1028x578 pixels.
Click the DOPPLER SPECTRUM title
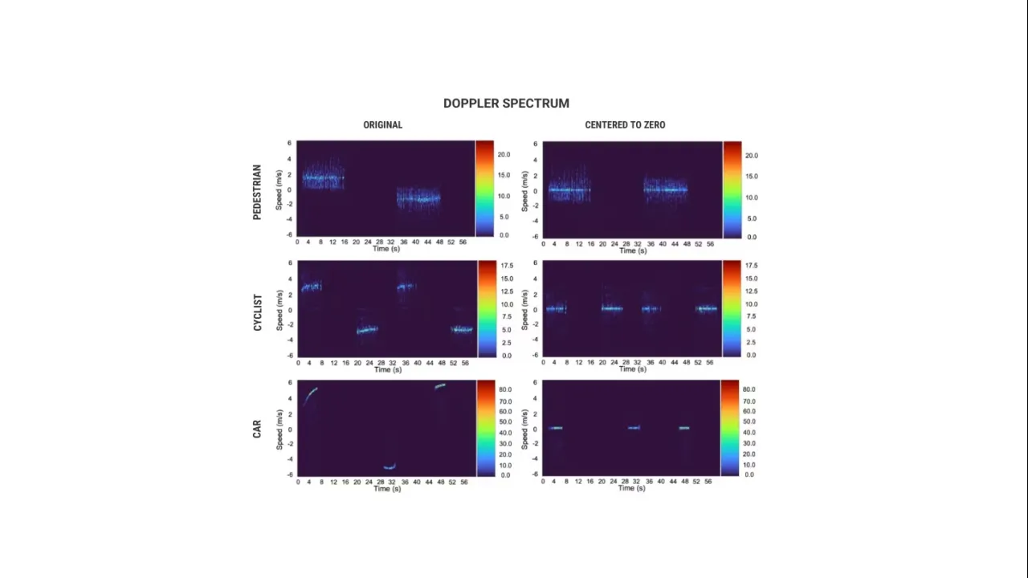(506, 104)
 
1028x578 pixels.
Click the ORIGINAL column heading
(382, 125)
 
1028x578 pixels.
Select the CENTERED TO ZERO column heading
(625, 125)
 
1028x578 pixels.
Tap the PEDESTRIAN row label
(257, 192)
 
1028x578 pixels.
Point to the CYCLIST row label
(257, 312)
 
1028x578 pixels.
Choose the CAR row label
(257, 429)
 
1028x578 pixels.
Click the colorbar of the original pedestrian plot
(484, 189)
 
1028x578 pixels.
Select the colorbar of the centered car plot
(729, 428)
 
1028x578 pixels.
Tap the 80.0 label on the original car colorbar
(505, 389)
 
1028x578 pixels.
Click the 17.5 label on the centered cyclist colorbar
(751, 266)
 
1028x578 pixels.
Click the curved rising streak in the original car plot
(309, 395)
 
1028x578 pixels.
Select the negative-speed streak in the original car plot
(390, 467)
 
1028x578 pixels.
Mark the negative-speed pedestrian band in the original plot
(418, 197)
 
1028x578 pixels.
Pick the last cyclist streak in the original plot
(462, 329)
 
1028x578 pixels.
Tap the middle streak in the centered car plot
(634, 428)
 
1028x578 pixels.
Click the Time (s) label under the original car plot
(386, 489)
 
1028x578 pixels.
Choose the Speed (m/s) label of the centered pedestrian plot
(524, 190)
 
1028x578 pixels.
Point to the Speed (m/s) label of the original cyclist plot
(279, 310)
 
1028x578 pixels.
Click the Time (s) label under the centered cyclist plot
(631, 369)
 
